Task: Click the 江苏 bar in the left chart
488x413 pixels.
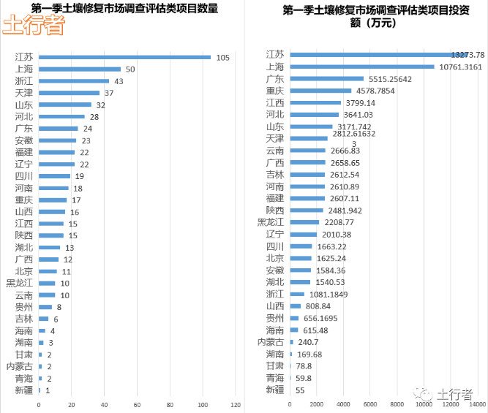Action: tap(124, 57)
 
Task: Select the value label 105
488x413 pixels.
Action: tap(223, 57)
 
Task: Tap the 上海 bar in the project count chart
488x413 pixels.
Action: tap(80, 69)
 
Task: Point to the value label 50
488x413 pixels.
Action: tap(129, 69)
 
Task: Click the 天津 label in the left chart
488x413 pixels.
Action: tap(23, 93)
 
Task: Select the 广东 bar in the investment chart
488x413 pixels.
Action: tap(326, 78)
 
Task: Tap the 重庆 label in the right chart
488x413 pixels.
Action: tap(275, 91)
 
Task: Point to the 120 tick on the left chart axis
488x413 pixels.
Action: tap(236, 404)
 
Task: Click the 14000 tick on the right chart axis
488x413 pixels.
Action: tap(477, 404)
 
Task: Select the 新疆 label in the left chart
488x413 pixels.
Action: tap(23, 390)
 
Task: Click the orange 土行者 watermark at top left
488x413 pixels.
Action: tap(33, 26)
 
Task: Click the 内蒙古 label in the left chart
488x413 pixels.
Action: tap(19, 366)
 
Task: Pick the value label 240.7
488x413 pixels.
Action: tap(307, 342)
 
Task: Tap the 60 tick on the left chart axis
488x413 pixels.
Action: tap(137, 404)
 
